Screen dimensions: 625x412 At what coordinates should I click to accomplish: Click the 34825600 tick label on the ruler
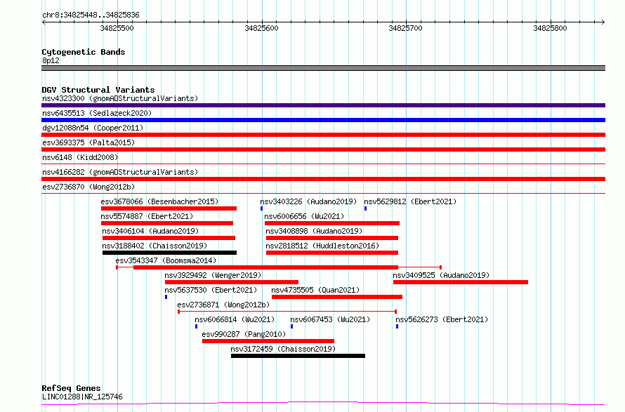261,28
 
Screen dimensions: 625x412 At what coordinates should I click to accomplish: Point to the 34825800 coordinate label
550,28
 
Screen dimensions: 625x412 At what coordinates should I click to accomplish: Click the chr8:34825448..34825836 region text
91,15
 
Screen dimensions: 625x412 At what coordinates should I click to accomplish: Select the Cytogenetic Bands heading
84,52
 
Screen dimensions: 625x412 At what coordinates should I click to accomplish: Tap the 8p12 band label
51,60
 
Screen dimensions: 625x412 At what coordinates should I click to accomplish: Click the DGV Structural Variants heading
98,90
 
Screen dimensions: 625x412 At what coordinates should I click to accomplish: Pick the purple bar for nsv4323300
323,105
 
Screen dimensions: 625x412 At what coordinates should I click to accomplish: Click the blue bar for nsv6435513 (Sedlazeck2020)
323,120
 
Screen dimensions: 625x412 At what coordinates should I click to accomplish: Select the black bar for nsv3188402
169,253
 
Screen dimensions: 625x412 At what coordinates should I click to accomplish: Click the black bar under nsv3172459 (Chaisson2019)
298,356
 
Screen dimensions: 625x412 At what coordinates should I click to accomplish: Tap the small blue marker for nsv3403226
261,208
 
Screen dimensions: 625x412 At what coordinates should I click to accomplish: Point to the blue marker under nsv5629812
365,208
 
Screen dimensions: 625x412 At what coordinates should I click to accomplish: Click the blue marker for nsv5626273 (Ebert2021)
397,326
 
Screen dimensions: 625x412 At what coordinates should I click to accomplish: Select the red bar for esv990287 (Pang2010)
268,341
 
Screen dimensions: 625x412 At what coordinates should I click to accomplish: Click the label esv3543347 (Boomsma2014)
166,260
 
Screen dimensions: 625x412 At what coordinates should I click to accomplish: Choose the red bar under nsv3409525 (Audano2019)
461,282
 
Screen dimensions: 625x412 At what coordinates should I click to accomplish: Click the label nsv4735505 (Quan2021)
315,290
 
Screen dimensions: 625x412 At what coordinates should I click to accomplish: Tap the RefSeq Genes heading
72,388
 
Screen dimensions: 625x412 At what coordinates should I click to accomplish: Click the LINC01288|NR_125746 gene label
82,397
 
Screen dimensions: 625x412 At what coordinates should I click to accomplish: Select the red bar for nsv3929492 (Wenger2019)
232,282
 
